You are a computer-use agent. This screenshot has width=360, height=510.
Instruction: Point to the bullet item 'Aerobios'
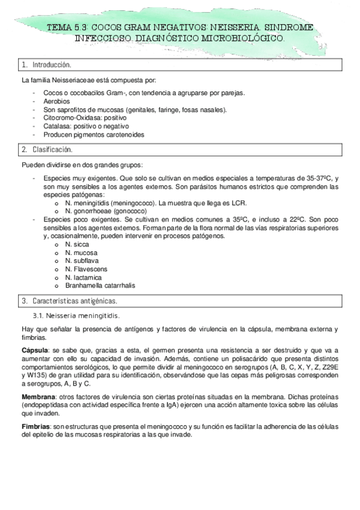pyautogui.click(x=56, y=102)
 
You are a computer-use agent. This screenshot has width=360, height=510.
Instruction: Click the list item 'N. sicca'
pyautogui.click(x=78, y=245)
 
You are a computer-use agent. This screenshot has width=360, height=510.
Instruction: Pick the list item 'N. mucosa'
pyautogui.click(x=81, y=253)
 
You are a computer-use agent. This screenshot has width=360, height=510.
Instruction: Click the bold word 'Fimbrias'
pyautogui.click(x=35, y=426)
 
